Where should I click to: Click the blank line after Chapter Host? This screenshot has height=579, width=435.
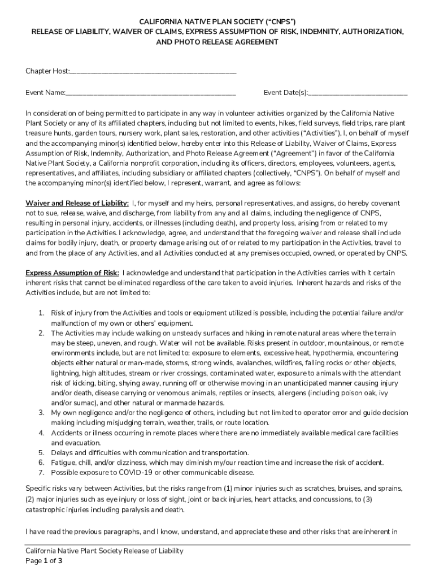153,72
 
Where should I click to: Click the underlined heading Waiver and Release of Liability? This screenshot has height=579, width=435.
77,203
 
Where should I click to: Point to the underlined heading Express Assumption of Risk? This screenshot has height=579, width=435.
72,273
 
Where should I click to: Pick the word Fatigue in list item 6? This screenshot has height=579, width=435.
64,463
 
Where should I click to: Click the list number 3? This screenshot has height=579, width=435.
41,413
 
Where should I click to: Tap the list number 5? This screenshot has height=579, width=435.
41,453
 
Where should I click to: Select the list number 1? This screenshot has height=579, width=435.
41,313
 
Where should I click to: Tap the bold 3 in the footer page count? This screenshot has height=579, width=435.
60,561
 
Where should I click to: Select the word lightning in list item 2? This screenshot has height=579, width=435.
65,373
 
